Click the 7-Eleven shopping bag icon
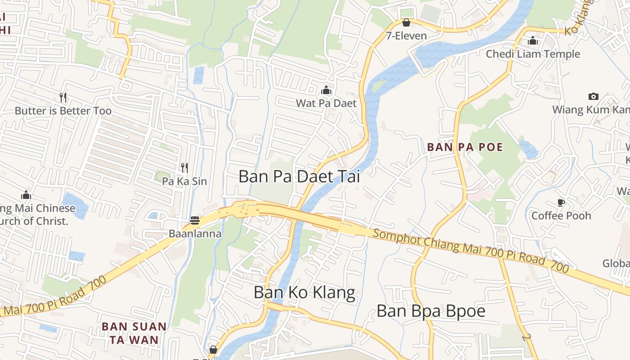pyautogui.click(x=406, y=22)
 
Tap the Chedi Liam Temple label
pyautogui.click(x=533, y=54)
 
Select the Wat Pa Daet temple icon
pyautogui.click(x=326, y=90)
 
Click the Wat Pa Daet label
pyautogui.click(x=326, y=103)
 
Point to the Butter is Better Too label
pyautogui.click(x=63, y=111)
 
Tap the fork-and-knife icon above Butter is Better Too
pyautogui.click(x=63, y=97)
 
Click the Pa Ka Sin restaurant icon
pyautogui.click(x=184, y=168)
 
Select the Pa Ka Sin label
pyautogui.click(x=184, y=181)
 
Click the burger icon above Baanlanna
pyautogui.click(x=195, y=220)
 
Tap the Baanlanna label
pyautogui.click(x=195, y=234)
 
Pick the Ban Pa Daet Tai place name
pyautogui.click(x=299, y=176)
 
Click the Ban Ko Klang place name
pyautogui.click(x=304, y=292)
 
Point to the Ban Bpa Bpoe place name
pyautogui.click(x=431, y=311)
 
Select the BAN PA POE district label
pyautogui.click(x=465, y=147)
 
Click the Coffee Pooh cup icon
pyautogui.click(x=561, y=202)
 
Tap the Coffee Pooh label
pyautogui.click(x=561, y=216)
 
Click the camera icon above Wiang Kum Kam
pyautogui.click(x=594, y=96)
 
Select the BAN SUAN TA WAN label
pyautogui.click(x=134, y=333)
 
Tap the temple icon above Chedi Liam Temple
pyautogui.click(x=533, y=40)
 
